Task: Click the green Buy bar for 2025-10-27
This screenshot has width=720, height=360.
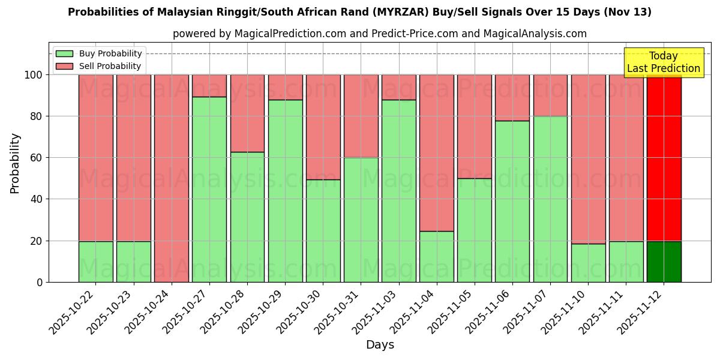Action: point(209,189)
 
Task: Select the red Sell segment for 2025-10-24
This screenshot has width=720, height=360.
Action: point(172,178)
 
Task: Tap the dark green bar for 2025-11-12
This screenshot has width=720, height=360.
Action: point(664,262)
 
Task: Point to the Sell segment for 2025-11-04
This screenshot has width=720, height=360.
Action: point(437,152)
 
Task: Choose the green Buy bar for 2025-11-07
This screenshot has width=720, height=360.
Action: point(550,199)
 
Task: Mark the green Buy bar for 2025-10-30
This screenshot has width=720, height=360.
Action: point(323,231)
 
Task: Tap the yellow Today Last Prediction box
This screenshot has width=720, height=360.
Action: point(664,62)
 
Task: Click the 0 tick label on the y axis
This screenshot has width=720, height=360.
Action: point(40,282)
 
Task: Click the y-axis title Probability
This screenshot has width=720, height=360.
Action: point(15,163)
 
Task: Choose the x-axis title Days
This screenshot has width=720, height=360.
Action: point(380,345)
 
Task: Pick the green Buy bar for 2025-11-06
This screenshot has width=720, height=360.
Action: point(512,202)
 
